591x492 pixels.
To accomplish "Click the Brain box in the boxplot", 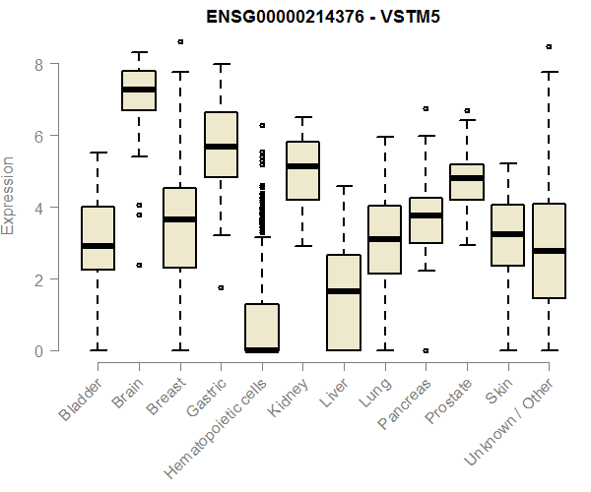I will point(138,91).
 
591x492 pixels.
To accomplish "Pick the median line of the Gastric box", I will point(221,147).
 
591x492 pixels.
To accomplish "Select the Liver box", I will point(343,302).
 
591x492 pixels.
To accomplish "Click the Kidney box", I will point(302,170).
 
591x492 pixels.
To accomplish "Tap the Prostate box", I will point(466,182).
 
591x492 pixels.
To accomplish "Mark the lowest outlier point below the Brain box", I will point(138,265).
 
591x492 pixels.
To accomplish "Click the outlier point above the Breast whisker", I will point(179,42).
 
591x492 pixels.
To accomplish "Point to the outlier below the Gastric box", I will point(221,287).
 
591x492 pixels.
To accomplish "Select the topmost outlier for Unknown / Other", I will point(549,46).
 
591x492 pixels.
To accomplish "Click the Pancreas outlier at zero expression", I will point(426,350).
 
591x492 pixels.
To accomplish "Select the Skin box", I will point(507,235).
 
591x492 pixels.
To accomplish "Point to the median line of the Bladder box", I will point(98,246).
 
